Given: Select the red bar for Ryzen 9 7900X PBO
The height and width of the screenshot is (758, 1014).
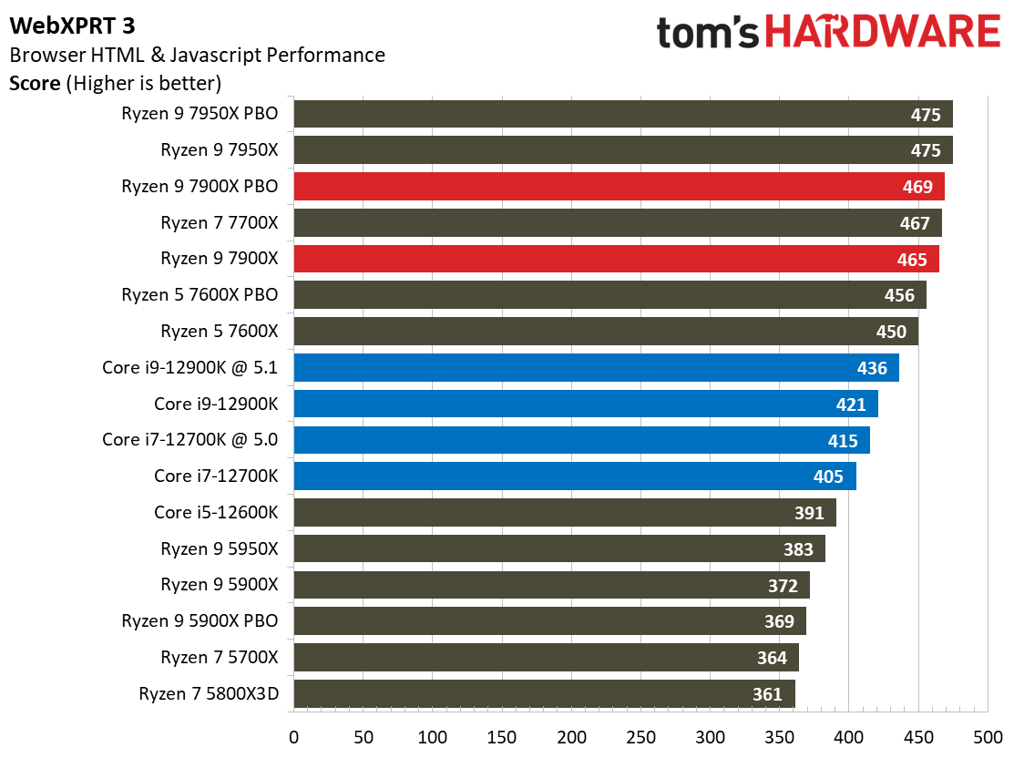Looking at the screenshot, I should (x=619, y=187).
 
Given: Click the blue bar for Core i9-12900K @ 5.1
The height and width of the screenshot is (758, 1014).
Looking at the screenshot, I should (x=596, y=367).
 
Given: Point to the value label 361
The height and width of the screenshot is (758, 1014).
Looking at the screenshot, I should (x=767, y=694).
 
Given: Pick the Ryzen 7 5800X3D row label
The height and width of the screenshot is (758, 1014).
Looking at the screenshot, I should (x=209, y=694).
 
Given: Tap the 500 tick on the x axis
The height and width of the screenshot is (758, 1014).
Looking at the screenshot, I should (x=987, y=735).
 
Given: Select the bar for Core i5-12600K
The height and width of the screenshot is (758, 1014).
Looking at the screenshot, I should (x=565, y=512).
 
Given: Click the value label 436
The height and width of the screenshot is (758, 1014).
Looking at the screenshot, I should (x=872, y=368).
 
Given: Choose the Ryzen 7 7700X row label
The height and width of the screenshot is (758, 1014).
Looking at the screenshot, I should (x=219, y=223).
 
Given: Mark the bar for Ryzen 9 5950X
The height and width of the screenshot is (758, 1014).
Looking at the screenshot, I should (x=559, y=548).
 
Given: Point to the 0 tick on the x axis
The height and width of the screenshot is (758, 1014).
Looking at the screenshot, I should (x=293, y=735).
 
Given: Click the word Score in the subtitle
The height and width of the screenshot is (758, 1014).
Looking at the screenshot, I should (x=35, y=84).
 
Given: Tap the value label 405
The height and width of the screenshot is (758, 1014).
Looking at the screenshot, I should (x=829, y=476).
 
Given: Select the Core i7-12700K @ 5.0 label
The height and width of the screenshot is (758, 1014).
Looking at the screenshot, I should (x=190, y=440).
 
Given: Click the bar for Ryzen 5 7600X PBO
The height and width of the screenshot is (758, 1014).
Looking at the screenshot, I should (x=609, y=295).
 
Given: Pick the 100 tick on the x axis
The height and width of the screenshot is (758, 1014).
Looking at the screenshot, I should (x=432, y=735).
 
